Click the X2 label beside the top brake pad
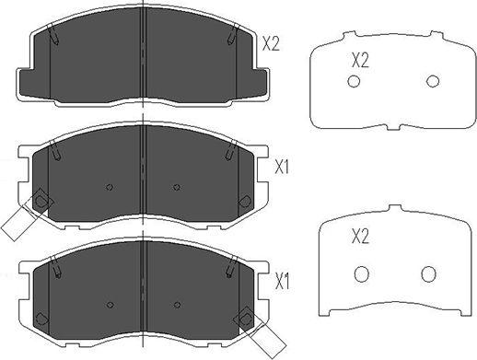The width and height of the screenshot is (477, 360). [x=272, y=42]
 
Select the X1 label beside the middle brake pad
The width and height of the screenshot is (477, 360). [x=283, y=168]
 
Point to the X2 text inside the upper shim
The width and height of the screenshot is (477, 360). [x=360, y=61]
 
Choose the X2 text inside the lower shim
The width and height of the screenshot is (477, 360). [x=360, y=237]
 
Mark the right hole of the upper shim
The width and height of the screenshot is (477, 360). [x=433, y=82]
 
